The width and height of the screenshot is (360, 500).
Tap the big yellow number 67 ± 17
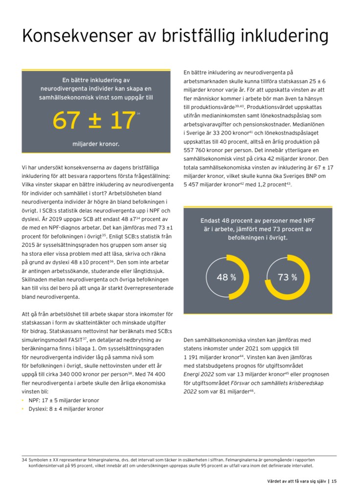94,120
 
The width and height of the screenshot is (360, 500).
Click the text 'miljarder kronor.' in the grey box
96,144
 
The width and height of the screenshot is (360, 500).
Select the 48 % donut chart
226,277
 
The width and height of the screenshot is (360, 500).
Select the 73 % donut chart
287,277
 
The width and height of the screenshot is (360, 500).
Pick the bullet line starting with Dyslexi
66,409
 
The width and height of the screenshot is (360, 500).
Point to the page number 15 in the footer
334,481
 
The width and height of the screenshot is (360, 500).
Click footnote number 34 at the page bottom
24,460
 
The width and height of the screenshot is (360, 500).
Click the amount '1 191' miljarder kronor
192,357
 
